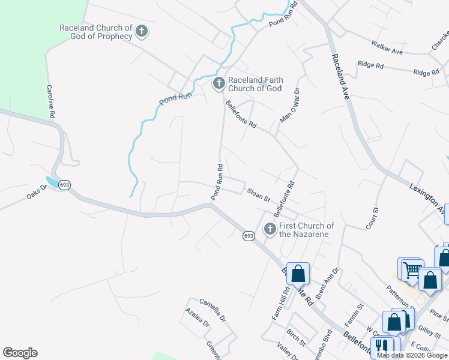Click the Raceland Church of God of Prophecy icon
(x=142, y=31)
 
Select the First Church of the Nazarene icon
(x=270, y=229)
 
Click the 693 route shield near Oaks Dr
(x=65, y=185)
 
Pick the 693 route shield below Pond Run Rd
(x=248, y=236)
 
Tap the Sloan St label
(x=259, y=194)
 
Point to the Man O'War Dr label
(x=289, y=106)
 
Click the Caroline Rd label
(x=51, y=100)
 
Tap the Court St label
(x=373, y=218)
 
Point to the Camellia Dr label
(x=212, y=310)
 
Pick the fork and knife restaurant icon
(x=381, y=347)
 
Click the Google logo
(x=20, y=353)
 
